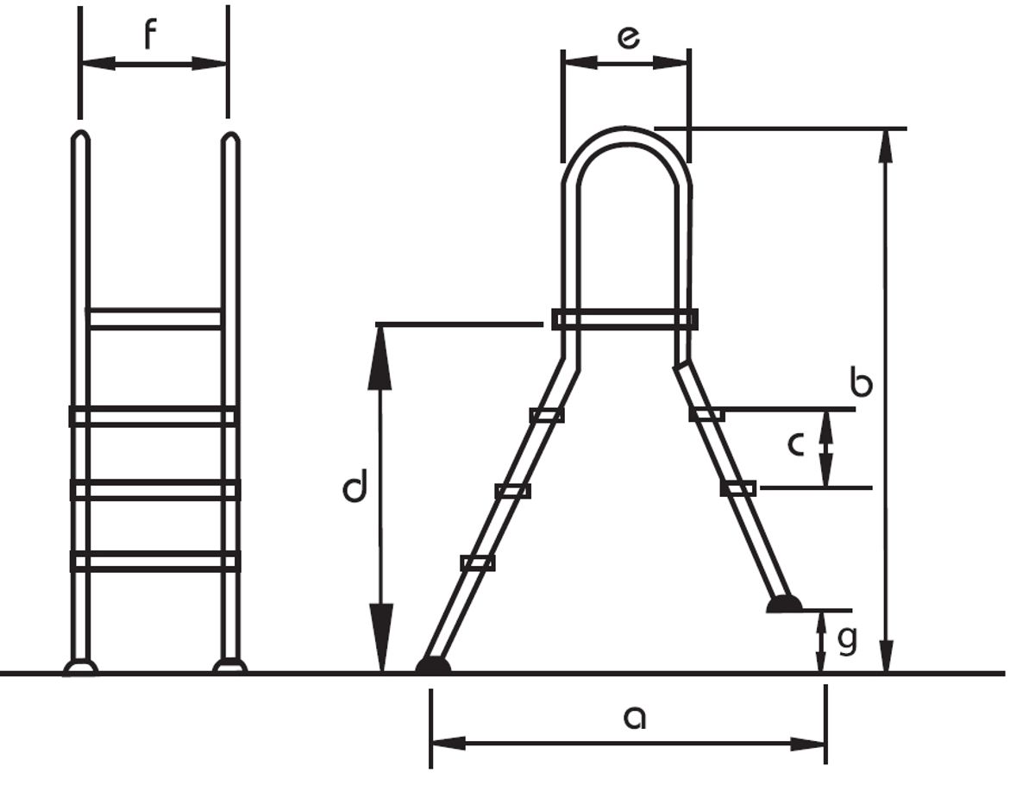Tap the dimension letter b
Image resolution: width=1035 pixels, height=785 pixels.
861,381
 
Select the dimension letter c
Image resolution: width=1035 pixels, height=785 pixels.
796,444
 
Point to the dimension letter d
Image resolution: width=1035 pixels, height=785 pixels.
354,488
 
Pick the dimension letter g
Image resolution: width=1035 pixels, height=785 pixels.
847,640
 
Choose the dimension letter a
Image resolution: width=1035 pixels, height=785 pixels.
634,716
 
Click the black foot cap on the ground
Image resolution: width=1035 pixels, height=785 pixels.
433,665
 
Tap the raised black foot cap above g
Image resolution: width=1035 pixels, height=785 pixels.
784,604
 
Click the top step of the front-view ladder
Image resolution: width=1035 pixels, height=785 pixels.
155,318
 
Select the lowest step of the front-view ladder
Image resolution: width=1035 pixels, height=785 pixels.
155,562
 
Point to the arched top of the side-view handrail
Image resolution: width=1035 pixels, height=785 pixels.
626,138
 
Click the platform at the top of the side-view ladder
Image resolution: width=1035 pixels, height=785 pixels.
624,319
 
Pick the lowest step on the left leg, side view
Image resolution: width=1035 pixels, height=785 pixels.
478,563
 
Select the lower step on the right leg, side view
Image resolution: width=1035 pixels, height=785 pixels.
738,488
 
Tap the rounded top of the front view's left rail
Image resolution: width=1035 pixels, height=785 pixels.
79,138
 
